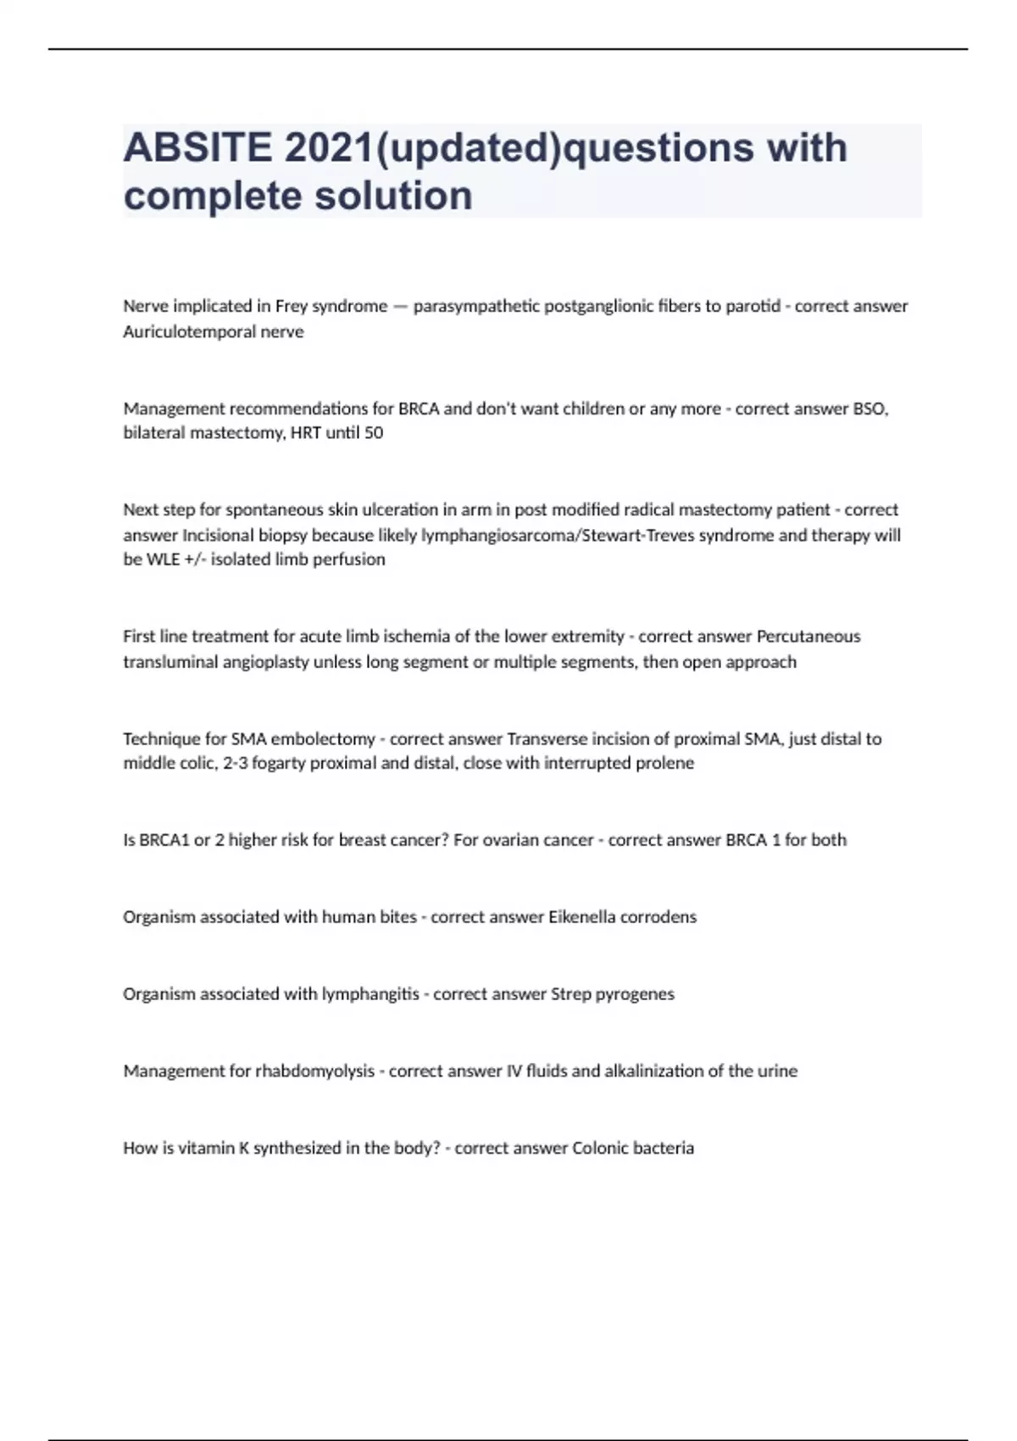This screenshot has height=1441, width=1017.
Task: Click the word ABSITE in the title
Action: click(197, 147)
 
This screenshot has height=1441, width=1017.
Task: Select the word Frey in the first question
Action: click(291, 306)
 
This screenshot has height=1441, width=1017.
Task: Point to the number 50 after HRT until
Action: click(373, 433)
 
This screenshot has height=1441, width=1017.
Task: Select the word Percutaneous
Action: click(808, 637)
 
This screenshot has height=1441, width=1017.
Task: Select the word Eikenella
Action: click(581, 917)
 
